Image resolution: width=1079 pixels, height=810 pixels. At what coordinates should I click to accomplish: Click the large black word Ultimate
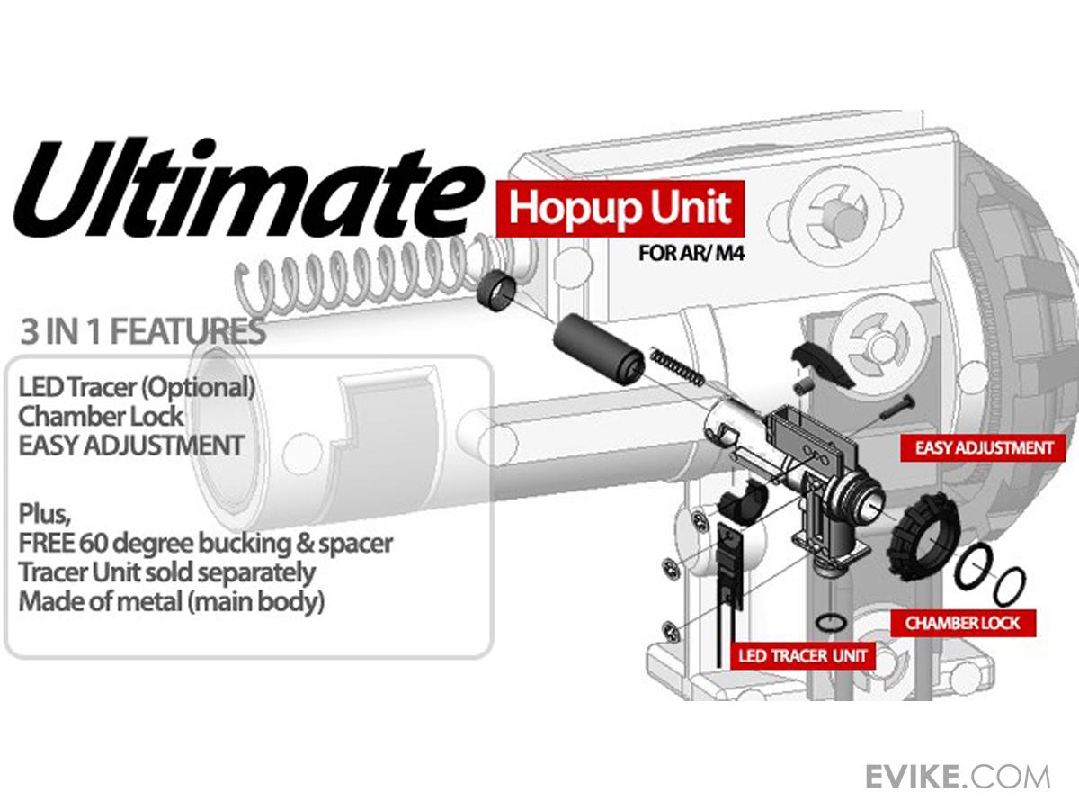pyautogui.click(x=248, y=188)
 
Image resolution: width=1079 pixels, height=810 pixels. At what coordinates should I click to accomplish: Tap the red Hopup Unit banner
pyautogui.click(x=620, y=209)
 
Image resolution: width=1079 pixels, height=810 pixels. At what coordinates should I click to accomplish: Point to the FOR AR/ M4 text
pyautogui.click(x=691, y=253)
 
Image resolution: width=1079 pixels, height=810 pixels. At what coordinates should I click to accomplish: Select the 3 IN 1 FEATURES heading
pyautogui.click(x=143, y=331)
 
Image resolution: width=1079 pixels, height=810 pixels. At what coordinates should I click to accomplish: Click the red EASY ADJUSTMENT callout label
pyautogui.click(x=983, y=448)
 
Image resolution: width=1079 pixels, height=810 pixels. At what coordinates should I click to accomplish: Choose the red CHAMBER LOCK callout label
pyautogui.click(x=963, y=624)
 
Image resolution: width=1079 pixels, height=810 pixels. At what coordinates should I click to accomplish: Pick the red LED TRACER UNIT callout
pyautogui.click(x=803, y=655)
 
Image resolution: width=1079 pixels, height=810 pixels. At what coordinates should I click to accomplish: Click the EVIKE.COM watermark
pyautogui.click(x=958, y=778)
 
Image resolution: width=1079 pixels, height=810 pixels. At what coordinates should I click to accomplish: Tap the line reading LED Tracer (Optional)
pyautogui.click(x=137, y=388)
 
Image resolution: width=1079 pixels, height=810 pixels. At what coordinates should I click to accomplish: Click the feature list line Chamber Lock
pyautogui.click(x=101, y=417)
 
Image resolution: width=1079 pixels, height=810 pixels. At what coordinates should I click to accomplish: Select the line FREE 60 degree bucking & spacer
pyautogui.click(x=206, y=544)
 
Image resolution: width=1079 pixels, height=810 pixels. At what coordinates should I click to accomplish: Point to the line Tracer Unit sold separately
pyautogui.click(x=166, y=572)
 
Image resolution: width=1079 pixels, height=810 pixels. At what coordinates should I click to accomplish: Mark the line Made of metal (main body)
pyautogui.click(x=172, y=601)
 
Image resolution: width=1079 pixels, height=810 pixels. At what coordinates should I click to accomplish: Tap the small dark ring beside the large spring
pyautogui.click(x=497, y=291)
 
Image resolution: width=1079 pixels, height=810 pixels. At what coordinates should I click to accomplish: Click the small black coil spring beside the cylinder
pyautogui.click(x=677, y=366)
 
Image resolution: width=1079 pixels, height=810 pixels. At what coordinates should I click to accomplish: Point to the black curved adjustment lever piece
pyautogui.click(x=822, y=364)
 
